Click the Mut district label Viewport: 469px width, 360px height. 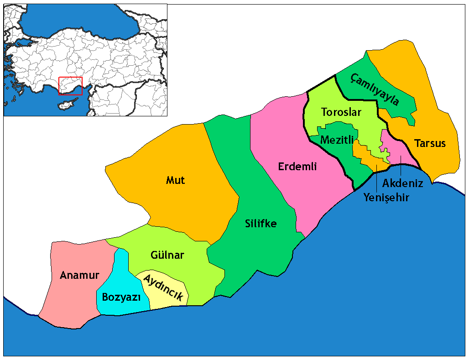coord(176,180)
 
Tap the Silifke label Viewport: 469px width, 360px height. coord(261,224)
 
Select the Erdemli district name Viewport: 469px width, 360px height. coord(297,167)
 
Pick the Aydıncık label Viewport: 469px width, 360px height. coord(163,288)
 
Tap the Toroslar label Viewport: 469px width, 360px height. coord(341,112)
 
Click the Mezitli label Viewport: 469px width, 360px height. coord(337,140)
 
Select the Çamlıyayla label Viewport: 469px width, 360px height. coord(375,89)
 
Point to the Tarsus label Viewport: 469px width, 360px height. coord(430,143)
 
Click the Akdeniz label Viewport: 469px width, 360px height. coord(403,183)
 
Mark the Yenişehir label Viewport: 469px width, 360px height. coord(386,198)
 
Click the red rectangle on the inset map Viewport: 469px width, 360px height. coord(71,86)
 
